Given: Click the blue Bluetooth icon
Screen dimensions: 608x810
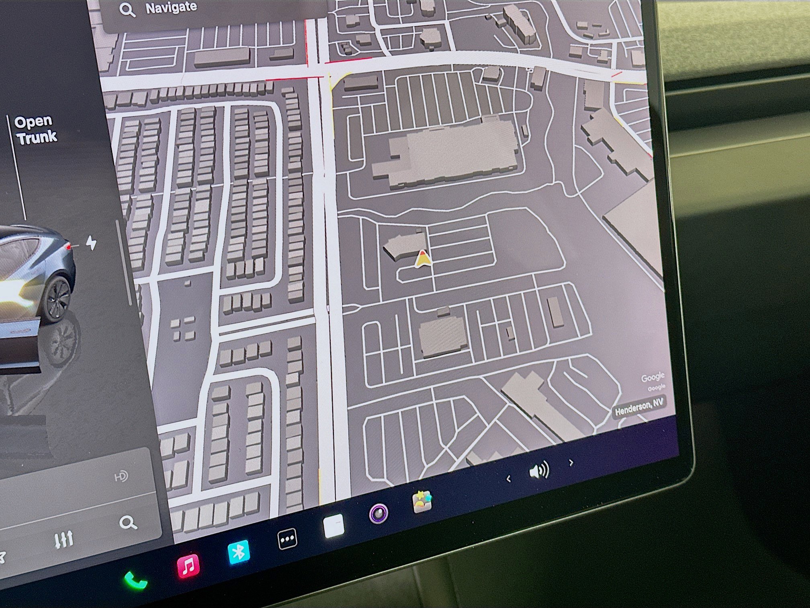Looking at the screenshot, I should pos(239,552).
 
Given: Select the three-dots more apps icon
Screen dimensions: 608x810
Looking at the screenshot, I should pos(288,538).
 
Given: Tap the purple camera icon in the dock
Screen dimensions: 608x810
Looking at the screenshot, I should pos(379,514).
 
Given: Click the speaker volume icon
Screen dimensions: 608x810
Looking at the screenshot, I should pos(539,470).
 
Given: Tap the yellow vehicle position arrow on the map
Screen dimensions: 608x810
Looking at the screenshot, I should pos(422,259).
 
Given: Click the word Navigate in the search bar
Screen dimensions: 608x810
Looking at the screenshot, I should pos(171,8).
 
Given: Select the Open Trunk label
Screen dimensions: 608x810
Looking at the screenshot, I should pos(35,130).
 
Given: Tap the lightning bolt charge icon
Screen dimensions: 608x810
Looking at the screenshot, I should pos(92,243).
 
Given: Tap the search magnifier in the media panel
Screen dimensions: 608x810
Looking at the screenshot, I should pos(128,523).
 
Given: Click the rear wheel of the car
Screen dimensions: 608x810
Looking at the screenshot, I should pos(57,299).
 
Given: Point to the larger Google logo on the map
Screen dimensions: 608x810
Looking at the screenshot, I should pos(652,377).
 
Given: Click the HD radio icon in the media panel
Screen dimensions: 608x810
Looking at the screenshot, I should pos(121,477).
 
